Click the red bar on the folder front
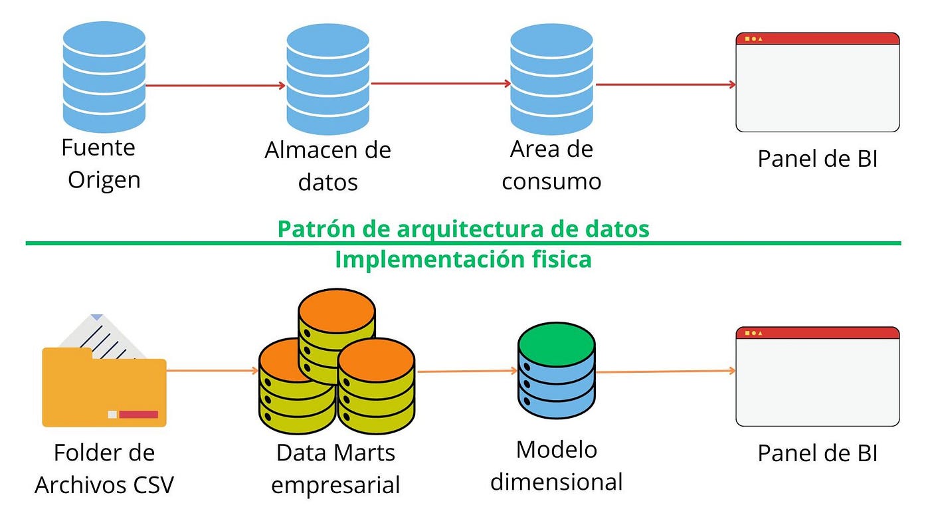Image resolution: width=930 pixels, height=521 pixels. click(138, 415)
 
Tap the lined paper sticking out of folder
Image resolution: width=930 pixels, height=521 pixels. click(106, 336)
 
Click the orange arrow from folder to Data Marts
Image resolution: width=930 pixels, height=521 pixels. click(212, 369)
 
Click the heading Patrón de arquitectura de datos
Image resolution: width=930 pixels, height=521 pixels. click(463, 229)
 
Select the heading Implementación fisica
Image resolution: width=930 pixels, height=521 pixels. click(463, 259)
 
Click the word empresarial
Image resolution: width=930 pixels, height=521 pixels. click(335, 485)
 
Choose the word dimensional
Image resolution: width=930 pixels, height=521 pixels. click(556, 482)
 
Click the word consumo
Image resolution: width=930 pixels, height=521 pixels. click(551, 181)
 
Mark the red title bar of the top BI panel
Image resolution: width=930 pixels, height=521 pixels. click(817, 39)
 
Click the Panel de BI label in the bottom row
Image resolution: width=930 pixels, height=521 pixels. click(817, 453)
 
